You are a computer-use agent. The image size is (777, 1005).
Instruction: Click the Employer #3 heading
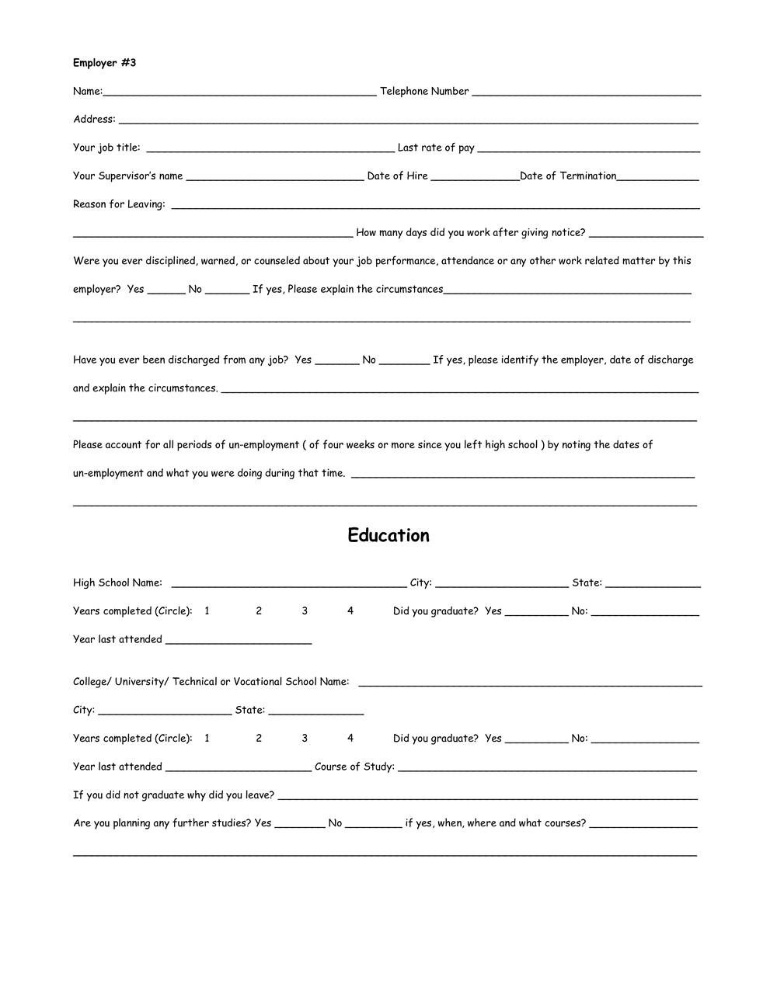(104, 63)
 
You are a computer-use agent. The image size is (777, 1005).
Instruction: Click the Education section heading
(388, 536)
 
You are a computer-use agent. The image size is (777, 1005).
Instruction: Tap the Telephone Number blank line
(586, 92)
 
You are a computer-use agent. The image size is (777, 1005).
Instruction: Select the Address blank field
(408, 120)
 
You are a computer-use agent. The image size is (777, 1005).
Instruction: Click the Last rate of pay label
(436, 148)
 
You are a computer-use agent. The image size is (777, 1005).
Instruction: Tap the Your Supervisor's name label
(128, 176)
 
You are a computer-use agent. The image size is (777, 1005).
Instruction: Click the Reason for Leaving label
(119, 204)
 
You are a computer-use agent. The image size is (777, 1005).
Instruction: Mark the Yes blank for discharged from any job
(337, 361)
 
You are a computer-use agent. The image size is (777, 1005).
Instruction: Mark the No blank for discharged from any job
(404, 361)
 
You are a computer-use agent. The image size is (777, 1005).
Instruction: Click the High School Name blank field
(288, 584)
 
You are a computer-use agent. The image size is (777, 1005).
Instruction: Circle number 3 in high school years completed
(305, 611)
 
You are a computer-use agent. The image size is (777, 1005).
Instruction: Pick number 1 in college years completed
(207, 739)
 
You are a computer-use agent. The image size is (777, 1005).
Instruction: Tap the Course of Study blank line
(547, 768)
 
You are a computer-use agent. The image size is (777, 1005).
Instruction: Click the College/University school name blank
(530, 683)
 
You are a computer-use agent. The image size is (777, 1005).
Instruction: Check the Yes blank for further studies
(299, 825)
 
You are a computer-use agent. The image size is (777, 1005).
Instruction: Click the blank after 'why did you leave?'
(487, 796)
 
